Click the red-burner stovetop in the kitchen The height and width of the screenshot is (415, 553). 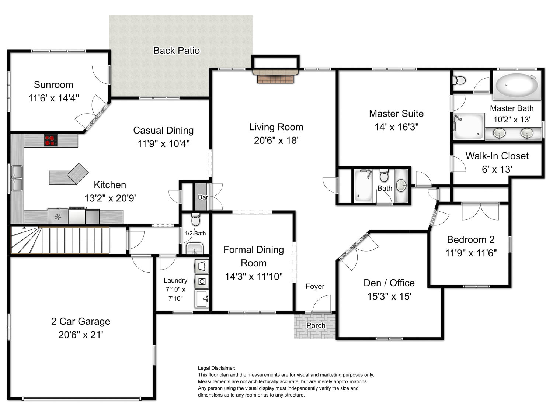pyautogui.click(x=51, y=140)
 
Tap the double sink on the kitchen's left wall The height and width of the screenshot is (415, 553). pyautogui.click(x=17, y=179)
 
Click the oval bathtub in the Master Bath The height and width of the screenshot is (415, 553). pyautogui.click(x=517, y=85)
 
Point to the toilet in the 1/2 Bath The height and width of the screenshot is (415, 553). pyautogui.click(x=195, y=219)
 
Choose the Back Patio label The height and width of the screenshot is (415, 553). pyautogui.click(x=176, y=51)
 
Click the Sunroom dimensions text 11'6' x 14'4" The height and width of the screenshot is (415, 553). pyautogui.click(x=54, y=98)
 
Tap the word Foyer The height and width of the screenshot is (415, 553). pyautogui.click(x=315, y=286)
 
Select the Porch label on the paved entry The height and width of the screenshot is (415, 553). pyautogui.click(x=316, y=325)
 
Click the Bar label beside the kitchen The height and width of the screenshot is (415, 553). pyautogui.click(x=203, y=197)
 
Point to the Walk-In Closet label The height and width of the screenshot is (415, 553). pyautogui.click(x=497, y=156)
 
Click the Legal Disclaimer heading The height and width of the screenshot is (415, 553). pyautogui.click(x=216, y=368)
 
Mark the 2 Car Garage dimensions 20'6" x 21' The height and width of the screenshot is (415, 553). pyautogui.click(x=81, y=335)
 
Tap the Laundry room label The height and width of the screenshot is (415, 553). pyautogui.click(x=175, y=280)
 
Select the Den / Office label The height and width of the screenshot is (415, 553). pyautogui.click(x=389, y=283)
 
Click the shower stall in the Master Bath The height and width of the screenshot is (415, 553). pyautogui.click(x=469, y=126)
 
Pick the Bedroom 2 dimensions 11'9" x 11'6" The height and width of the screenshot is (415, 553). pyautogui.click(x=471, y=253)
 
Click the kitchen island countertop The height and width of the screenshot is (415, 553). pyautogui.click(x=68, y=174)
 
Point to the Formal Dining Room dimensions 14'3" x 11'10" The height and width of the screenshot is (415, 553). pyautogui.click(x=254, y=276)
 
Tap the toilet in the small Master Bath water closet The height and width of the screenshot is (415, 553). pyautogui.click(x=459, y=80)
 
